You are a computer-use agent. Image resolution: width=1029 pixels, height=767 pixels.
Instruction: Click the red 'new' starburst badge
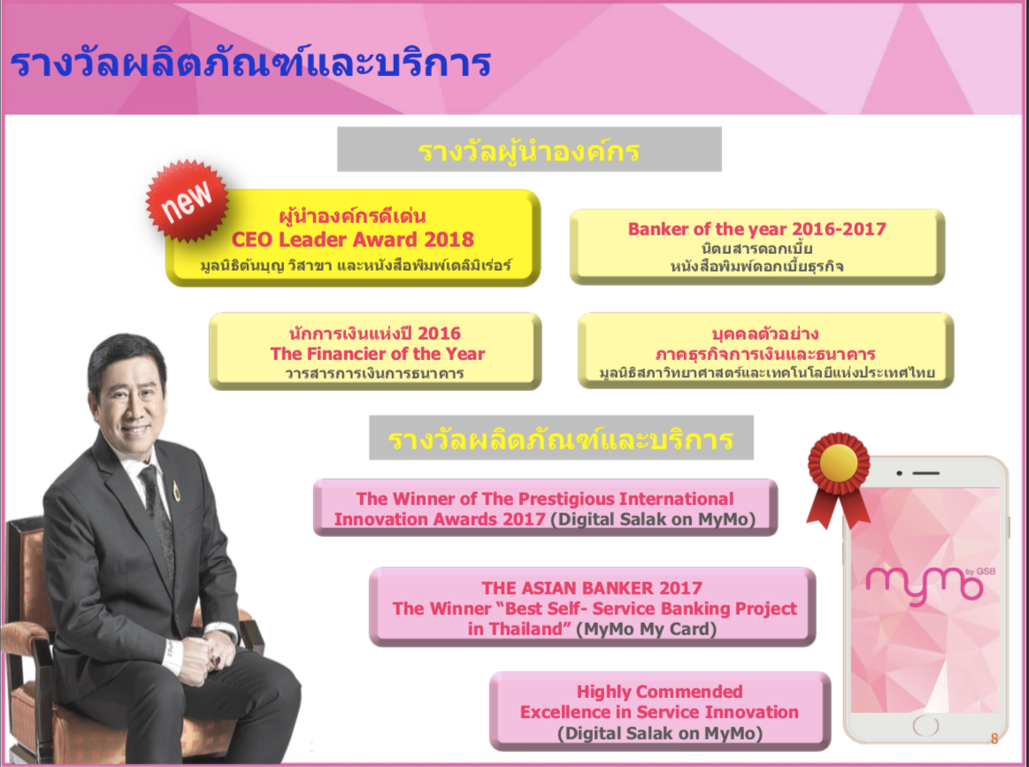click(x=187, y=200)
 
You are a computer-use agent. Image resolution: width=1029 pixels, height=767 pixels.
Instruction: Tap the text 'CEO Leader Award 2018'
click(x=352, y=240)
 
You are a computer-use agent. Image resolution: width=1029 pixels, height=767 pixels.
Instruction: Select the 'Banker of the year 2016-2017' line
click(x=756, y=229)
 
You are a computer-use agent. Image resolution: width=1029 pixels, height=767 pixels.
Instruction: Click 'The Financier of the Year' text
click(x=377, y=354)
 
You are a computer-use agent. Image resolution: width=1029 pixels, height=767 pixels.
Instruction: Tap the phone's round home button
click(x=925, y=725)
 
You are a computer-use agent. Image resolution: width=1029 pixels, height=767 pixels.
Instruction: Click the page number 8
click(x=994, y=739)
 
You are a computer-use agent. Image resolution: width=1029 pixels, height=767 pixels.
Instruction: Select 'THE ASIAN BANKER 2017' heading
click(x=592, y=588)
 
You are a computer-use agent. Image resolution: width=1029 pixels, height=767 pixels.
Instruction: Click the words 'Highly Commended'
click(x=659, y=692)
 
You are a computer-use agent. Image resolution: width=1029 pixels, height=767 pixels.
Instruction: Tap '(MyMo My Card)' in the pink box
click(x=647, y=629)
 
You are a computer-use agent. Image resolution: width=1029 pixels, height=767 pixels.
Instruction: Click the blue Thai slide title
click(x=250, y=64)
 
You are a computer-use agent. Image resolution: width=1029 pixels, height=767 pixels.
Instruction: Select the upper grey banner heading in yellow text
click(x=529, y=150)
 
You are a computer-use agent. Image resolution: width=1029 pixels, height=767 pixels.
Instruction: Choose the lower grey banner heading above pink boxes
click(x=561, y=438)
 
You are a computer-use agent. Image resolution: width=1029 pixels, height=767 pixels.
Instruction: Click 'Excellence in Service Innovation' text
click(x=659, y=712)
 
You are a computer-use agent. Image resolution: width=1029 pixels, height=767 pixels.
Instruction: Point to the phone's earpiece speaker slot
click(x=925, y=473)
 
